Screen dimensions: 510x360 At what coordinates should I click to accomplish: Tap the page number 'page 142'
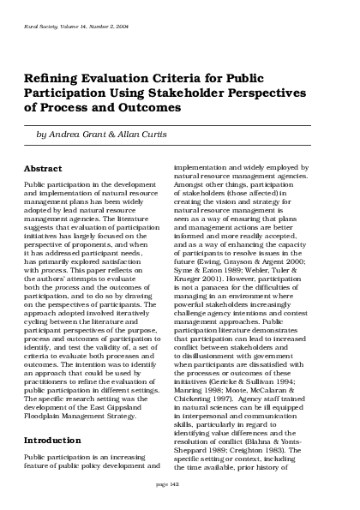180,485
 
